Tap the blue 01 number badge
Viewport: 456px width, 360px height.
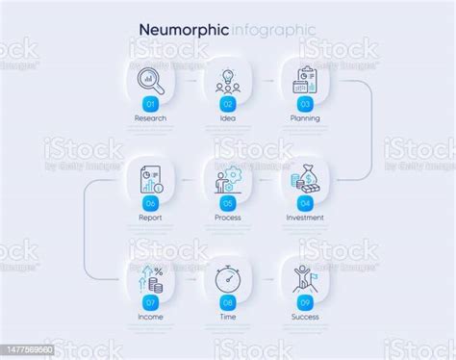(150, 103)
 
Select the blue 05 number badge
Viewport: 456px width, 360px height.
(228, 202)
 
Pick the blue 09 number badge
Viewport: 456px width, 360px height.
(304, 301)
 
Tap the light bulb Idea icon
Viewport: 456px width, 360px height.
(228, 79)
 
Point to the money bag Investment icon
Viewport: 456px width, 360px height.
(304, 179)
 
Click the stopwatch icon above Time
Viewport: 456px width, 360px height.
(228, 279)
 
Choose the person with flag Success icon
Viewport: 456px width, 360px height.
(304, 278)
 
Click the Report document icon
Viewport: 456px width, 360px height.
(151, 179)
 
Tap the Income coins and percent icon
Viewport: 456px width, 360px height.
(151, 279)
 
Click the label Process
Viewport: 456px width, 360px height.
(228, 218)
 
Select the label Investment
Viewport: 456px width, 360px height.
(304, 218)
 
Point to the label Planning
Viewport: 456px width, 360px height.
(304, 118)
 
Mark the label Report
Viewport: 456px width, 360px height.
(151, 218)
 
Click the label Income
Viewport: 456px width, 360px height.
(151, 317)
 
